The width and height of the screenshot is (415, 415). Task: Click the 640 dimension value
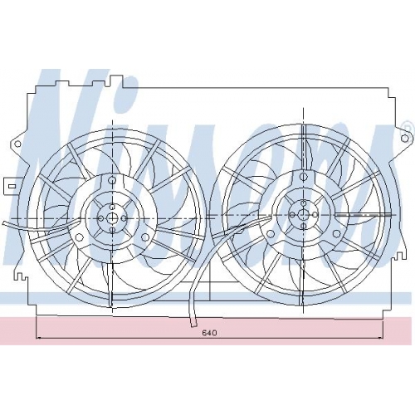pos(209,333)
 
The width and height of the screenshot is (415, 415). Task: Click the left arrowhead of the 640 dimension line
pos(40,338)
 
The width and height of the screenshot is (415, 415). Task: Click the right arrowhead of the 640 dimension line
pos(379,338)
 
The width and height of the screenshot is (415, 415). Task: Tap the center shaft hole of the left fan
pos(112,218)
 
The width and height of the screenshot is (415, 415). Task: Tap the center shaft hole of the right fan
pos(303,214)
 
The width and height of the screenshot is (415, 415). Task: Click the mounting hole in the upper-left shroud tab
pos(17,144)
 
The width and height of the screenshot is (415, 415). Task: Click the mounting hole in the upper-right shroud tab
pos(404,138)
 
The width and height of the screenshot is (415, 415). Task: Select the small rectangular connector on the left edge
pos(12,186)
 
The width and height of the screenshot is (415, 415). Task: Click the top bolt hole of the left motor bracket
pos(112,181)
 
